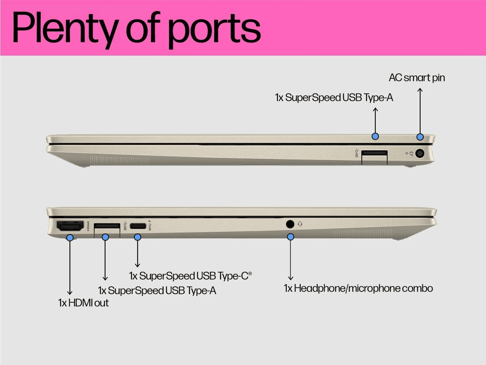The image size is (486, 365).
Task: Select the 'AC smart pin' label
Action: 417,78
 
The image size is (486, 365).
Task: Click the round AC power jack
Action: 419,154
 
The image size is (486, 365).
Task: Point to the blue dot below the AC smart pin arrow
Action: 420,137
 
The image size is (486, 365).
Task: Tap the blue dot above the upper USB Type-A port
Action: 375,136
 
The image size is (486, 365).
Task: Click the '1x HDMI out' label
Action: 83,303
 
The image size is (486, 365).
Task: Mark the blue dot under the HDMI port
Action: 70,238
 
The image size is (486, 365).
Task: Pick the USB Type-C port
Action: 138,226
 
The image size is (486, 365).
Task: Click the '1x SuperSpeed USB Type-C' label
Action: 190,276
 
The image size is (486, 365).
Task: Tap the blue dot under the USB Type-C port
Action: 137,237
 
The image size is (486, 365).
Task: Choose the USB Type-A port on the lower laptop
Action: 107,226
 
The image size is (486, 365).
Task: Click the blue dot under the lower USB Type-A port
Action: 105,237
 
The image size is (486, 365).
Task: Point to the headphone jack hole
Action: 290,224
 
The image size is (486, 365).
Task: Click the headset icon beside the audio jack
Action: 300,224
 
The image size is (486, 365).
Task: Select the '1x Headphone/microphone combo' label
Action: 358,288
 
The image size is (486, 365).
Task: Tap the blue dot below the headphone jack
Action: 291,237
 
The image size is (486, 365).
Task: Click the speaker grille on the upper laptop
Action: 119,160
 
